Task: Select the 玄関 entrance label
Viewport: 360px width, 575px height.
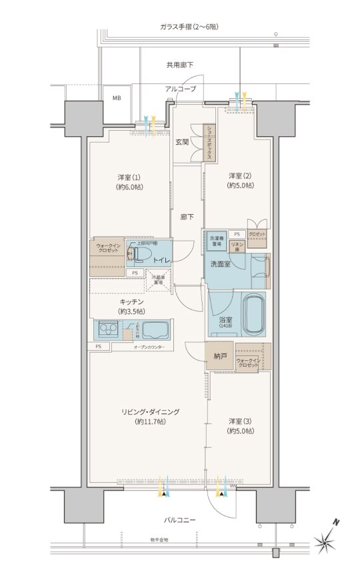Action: [x=182, y=142]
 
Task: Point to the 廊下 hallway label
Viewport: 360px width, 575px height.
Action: [x=187, y=217]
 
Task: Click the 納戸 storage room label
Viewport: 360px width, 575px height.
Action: [x=219, y=357]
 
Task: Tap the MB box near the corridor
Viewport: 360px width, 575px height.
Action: [x=117, y=98]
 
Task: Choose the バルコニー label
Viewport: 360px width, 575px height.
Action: [x=179, y=519]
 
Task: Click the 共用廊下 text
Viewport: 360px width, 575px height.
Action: [x=179, y=65]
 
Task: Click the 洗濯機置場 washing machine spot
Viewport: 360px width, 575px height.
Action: [x=216, y=241]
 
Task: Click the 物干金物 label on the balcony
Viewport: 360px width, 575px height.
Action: [x=159, y=540]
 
